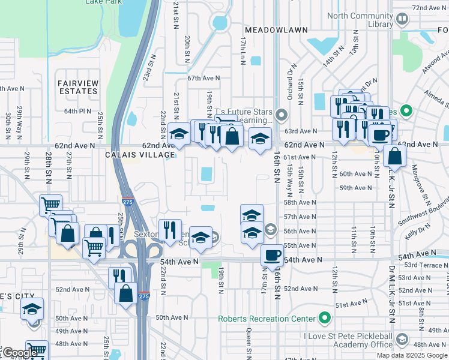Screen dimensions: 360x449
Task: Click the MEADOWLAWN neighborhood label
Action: pyautogui.click(x=276, y=29)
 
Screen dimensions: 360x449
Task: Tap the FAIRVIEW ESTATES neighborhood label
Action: pyautogui.click(x=77, y=86)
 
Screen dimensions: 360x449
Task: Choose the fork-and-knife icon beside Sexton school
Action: pyautogui.click(x=170, y=230)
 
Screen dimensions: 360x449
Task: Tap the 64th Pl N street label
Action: pyautogui.click(x=77, y=111)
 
